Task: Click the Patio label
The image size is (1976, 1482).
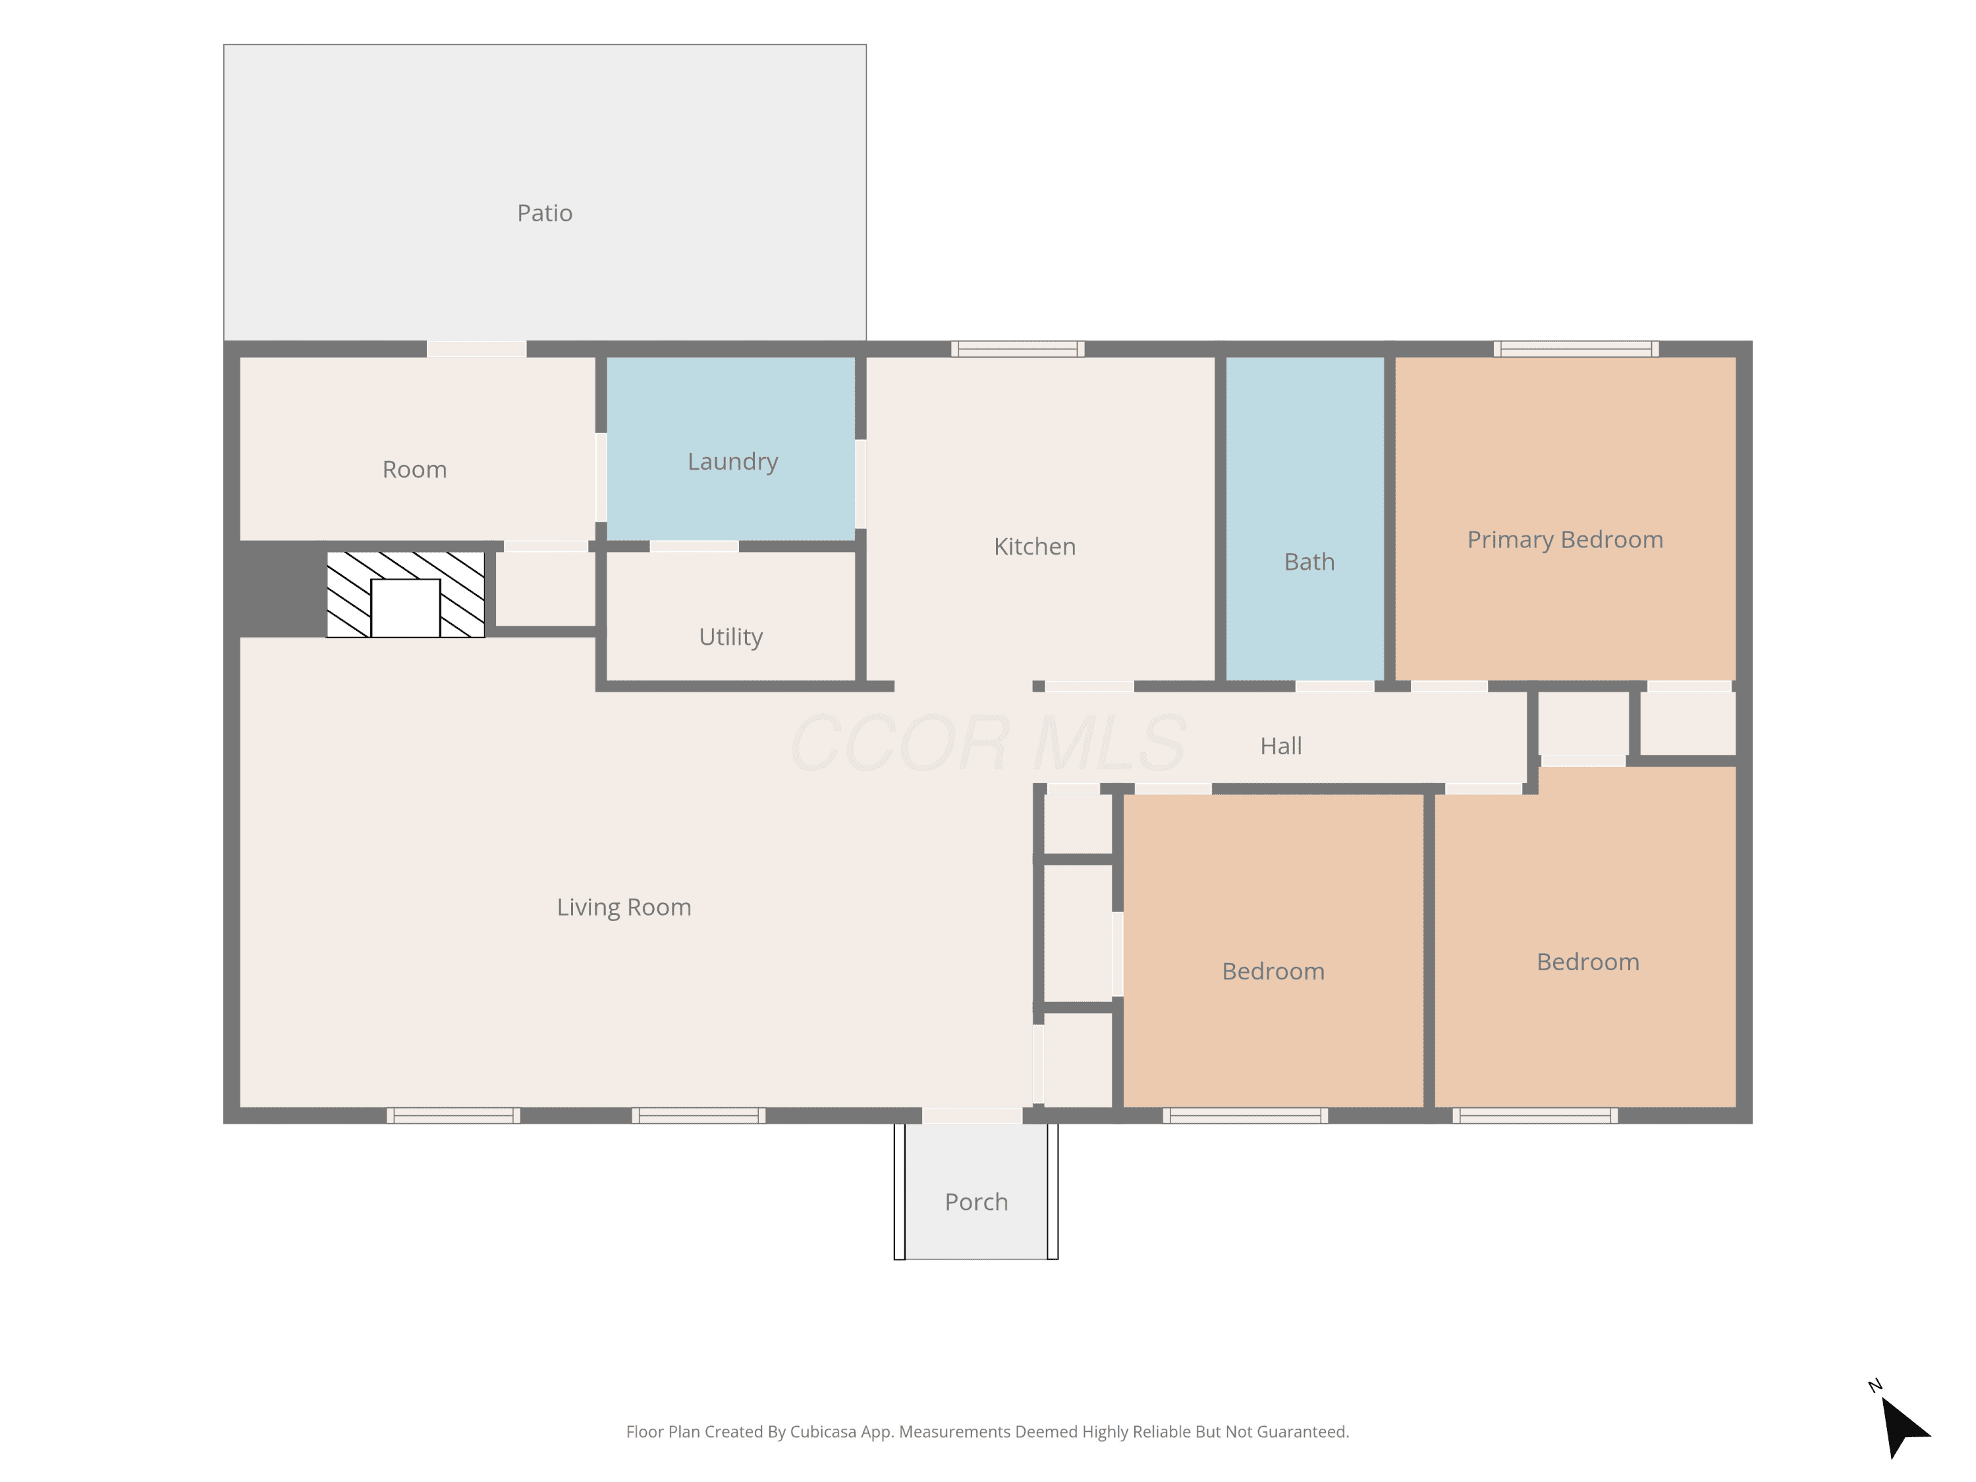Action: pos(544,213)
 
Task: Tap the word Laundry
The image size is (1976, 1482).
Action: pos(732,462)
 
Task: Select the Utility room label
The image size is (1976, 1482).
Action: pos(730,637)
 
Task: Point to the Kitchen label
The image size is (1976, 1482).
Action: pos(1035,546)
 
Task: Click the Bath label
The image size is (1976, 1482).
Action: pos(1309,561)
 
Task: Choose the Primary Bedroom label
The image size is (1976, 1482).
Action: pos(1565,539)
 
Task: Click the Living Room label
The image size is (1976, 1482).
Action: pos(624,908)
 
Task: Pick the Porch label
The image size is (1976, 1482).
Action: pos(976,1201)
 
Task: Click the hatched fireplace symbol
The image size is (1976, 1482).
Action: pos(406,594)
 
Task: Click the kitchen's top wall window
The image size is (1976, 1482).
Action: pos(1018,349)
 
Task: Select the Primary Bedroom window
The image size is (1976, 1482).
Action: pos(1576,349)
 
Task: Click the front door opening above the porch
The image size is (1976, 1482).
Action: pos(972,1116)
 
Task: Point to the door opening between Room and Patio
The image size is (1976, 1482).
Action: pos(476,349)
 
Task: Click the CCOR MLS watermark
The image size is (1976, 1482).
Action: pos(988,743)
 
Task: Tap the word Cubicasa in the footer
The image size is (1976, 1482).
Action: pos(823,1432)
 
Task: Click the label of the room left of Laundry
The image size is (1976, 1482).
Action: pos(414,470)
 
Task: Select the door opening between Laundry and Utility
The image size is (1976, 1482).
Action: pos(694,547)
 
